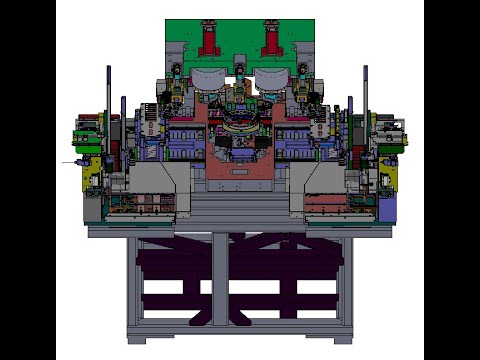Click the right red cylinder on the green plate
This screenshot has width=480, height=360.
click(x=270, y=41)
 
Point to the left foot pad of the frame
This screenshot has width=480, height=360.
click(x=138, y=338)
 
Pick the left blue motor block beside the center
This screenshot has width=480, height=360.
click(x=186, y=139)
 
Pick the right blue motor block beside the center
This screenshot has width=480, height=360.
click(x=294, y=139)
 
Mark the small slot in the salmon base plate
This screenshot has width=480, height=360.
click(x=240, y=171)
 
